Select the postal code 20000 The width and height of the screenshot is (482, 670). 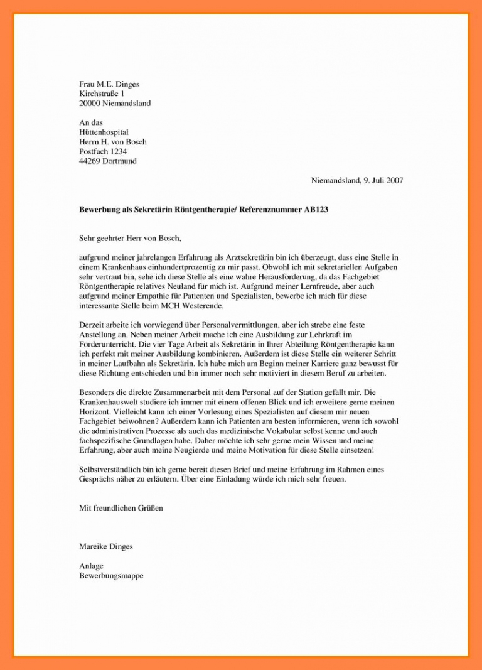click(90, 104)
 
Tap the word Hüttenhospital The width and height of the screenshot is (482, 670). click(104, 132)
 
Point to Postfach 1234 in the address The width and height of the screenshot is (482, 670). click(103, 151)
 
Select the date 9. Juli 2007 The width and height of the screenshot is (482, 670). click(383, 181)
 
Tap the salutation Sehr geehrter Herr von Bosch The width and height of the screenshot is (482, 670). click(130, 239)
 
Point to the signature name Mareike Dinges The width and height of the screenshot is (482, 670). click(106, 547)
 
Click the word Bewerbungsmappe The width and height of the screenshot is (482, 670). click(111, 576)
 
